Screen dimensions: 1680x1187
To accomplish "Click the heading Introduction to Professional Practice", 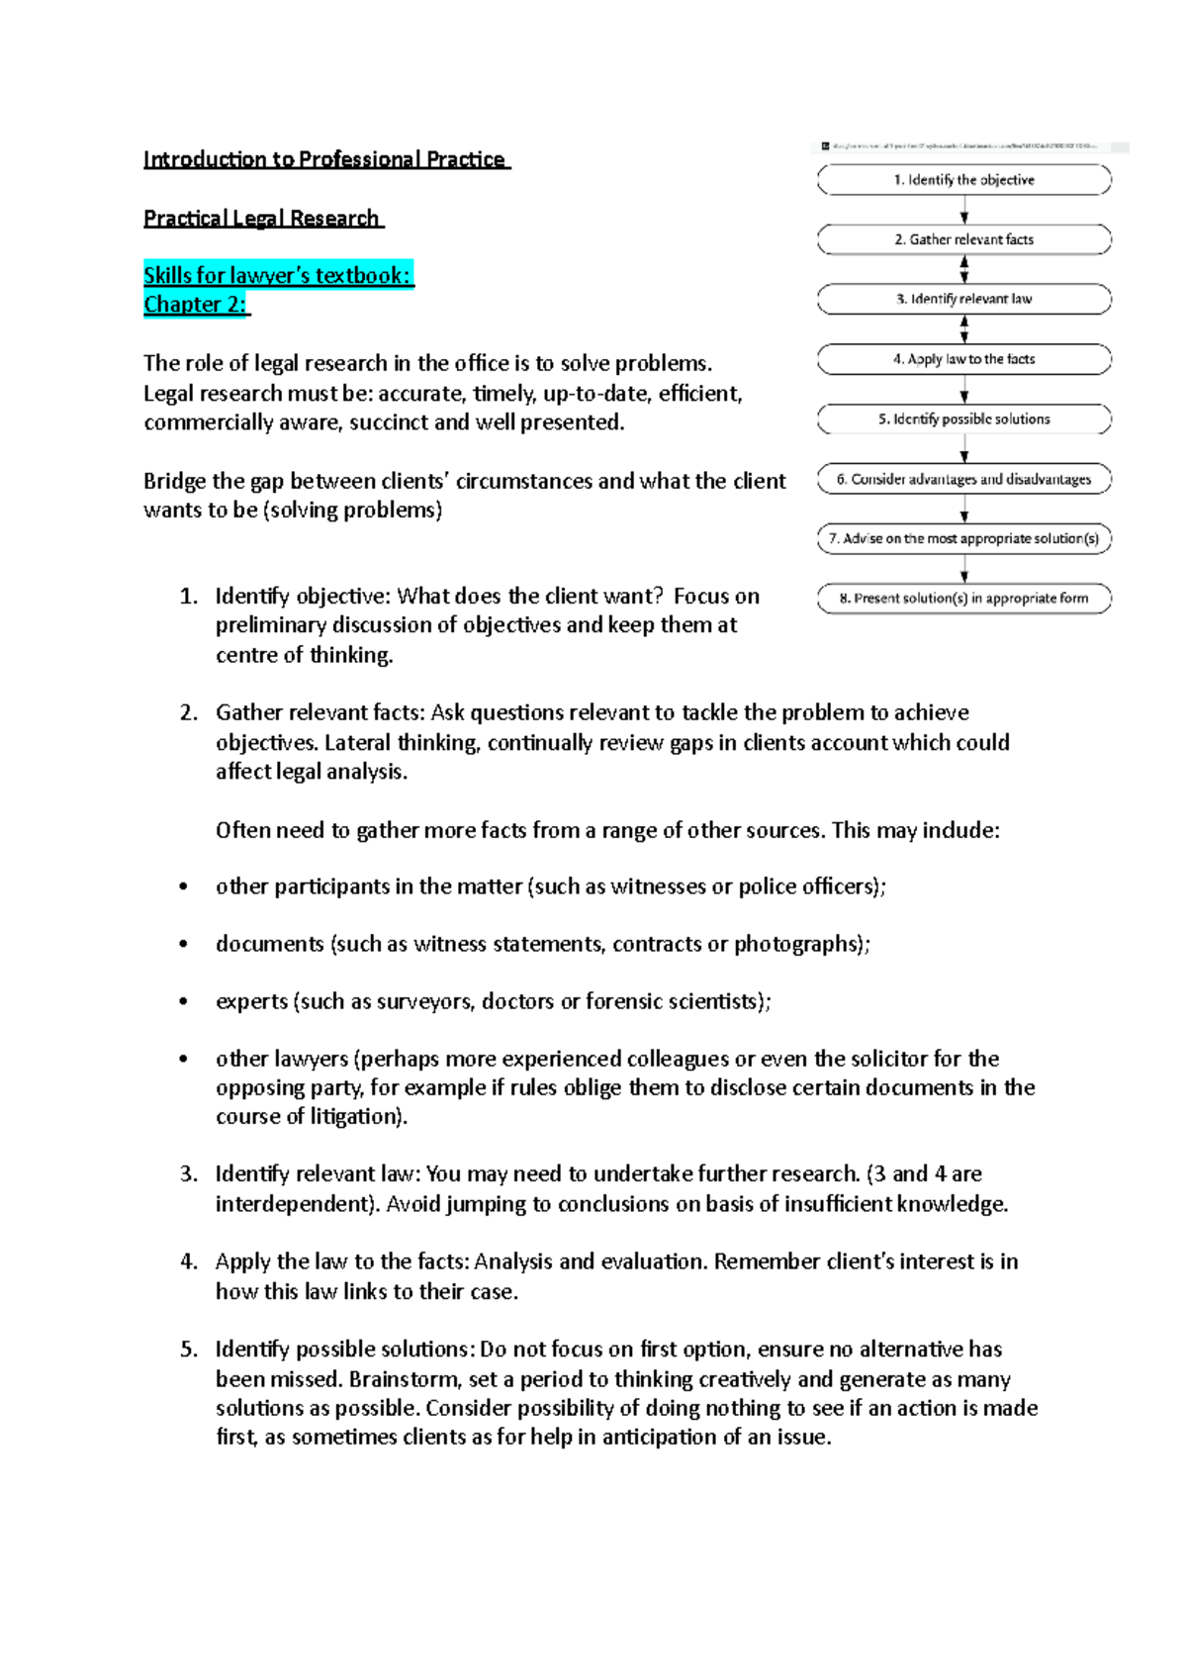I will (325, 159).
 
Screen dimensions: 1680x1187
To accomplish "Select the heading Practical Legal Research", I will (262, 218).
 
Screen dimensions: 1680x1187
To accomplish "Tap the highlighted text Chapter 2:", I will (196, 304).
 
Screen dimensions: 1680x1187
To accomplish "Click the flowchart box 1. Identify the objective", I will (963, 180).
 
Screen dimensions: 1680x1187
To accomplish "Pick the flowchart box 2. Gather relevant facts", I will (963, 239).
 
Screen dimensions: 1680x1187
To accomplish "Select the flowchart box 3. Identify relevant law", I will (963, 299).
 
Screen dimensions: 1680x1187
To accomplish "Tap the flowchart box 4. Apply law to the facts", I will (963, 359).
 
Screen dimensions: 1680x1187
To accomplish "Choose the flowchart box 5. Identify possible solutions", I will (963, 420).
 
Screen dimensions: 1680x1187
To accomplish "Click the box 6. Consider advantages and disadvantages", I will (963, 479).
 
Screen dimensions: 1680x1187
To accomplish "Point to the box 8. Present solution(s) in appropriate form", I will (963, 599).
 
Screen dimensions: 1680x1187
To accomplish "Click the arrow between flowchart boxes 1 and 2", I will (964, 210).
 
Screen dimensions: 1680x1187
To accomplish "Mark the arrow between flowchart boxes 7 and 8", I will (964, 569).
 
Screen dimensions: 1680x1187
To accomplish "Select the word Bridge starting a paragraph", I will (174, 481).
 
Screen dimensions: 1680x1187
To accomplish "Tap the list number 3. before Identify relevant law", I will (188, 1174).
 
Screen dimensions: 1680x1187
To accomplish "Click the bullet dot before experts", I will (183, 1001).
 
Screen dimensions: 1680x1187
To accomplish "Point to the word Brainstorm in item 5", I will (405, 1379).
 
